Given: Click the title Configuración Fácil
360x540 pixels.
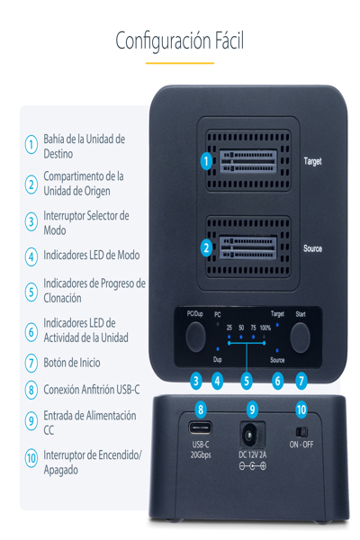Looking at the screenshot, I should click(x=180, y=40).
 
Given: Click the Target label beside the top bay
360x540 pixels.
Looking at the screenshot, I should click(x=311, y=161).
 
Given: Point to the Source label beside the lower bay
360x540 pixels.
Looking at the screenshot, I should click(x=311, y=247).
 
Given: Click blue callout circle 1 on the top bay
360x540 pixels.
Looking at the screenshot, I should click(x=206, y=162).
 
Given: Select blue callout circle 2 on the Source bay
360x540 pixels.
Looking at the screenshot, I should click(x=206, y=247).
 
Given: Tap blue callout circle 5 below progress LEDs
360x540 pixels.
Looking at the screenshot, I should click(x=247, y=381).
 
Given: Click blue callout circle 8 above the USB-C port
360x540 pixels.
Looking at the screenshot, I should click(x=200, y=409).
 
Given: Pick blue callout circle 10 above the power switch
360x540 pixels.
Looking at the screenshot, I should click(x=301, y=409).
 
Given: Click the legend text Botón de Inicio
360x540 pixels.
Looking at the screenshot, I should click(x=72, y=363).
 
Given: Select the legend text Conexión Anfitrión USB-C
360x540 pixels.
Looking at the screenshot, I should click(x=92, y=389).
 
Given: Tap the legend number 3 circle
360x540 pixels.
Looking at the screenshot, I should click(x=31, y=221).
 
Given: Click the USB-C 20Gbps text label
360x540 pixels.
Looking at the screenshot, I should click(x=201, y=450).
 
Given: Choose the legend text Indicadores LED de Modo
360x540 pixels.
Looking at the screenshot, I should click(x=91, y=255).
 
